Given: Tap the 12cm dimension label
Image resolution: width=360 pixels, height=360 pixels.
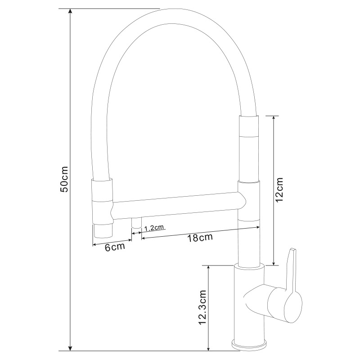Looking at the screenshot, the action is [x=279, y=189].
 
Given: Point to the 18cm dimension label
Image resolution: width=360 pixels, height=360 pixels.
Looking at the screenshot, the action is [x=200, y=238].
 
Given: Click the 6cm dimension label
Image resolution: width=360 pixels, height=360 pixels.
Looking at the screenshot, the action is [x=115, y=247].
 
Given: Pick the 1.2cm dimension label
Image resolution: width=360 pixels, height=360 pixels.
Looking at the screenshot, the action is [x=154, y=228].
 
